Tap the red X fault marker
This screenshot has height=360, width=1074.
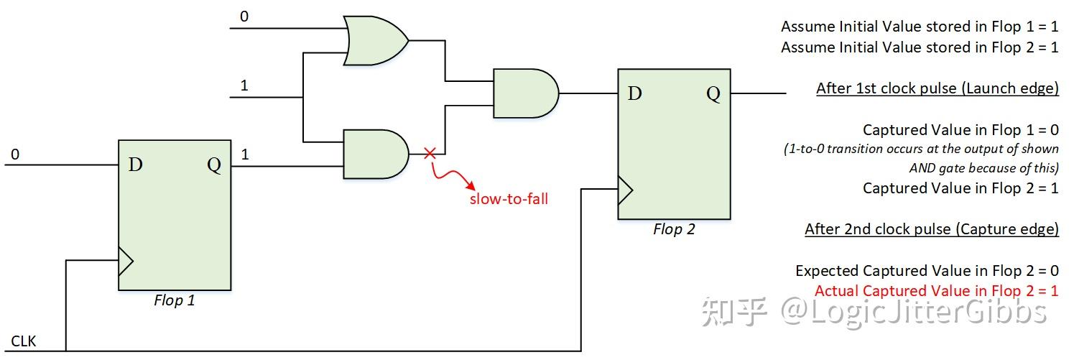(x=430, y=153)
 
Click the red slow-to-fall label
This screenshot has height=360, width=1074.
(x=509, y=199)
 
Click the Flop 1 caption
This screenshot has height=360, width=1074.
(x=174, y=300)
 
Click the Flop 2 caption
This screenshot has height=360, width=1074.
(x=674, y=230)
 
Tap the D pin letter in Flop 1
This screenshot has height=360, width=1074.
(x=135, y=165)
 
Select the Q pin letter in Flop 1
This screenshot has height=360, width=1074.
(x=214, y=165)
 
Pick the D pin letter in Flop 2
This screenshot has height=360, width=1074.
(x=634, y=94)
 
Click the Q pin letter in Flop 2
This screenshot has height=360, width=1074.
(x=713, y=94)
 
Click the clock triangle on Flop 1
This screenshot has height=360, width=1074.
(x=126, y=262)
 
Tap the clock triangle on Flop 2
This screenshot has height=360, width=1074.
(x=625, y=191)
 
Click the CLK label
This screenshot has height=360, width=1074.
(x=24, y=341)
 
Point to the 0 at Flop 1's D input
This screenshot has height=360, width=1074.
(x=14, y=154)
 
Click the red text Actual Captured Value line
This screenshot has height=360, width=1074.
(x=936, y=291)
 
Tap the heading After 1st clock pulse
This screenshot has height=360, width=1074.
(x=937, y=88)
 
